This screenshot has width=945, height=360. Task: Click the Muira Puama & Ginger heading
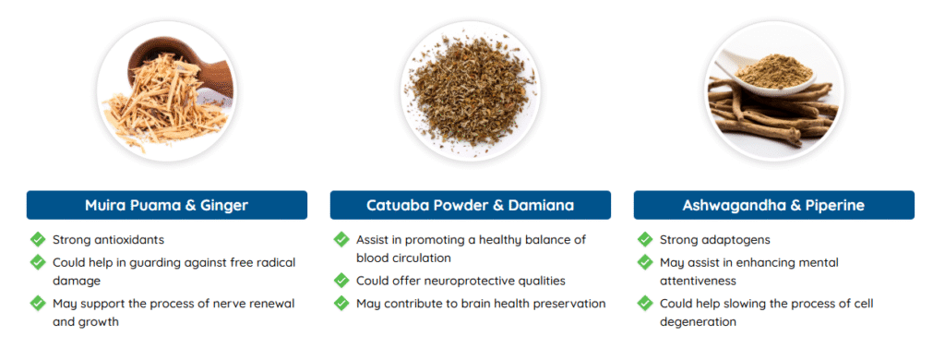[x=166, y=205]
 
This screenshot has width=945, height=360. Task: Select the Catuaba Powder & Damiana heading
[x=470, y=205]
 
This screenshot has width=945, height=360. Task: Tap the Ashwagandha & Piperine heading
[x=774, y=205]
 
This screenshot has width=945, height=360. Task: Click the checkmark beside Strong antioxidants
[x=38, y=239]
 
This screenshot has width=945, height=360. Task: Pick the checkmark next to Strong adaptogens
[x=645, y=239]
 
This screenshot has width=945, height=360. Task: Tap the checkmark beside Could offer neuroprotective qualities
[x=341, y=281]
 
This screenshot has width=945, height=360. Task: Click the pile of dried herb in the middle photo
[x=470, y=90]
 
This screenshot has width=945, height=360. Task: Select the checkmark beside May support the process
[x=38, y=304]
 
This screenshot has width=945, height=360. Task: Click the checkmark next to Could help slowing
[x=645, y=304]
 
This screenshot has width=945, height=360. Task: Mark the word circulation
[x=421, y=258]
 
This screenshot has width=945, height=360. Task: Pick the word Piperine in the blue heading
[x=840, y=206]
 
